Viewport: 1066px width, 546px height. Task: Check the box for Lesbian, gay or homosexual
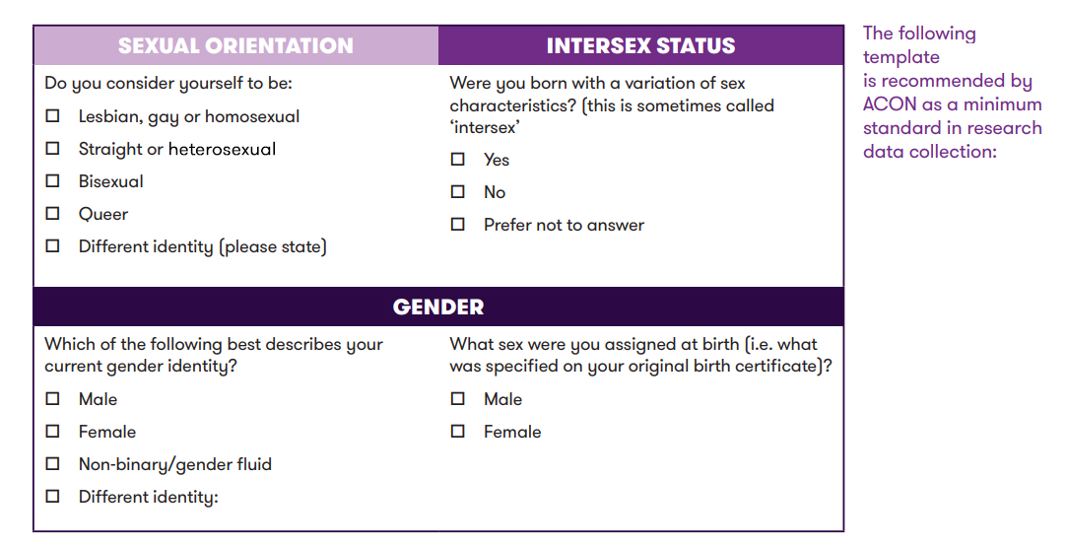pos(52,115)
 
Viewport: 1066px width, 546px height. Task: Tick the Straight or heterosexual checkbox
pos(52,148)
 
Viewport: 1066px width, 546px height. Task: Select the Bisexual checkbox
pos(52,181)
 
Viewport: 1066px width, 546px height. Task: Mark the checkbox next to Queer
pos(52,214)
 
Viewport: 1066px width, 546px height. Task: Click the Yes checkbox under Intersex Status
pos(458,159)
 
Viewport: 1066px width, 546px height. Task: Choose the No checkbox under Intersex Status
pos(458,192)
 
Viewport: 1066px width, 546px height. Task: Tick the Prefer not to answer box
pos(458,225)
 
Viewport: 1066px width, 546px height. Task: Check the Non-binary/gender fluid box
pos(52,464)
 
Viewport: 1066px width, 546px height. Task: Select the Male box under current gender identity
pos(52,398)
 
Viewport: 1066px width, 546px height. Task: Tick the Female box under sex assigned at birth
pos(458,431)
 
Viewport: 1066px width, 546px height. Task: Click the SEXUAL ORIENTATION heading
pos(235,45)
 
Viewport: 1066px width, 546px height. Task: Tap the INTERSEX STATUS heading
pos(641,45)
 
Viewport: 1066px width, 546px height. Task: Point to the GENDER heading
pos(438,307)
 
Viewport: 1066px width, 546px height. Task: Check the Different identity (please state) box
pos(52,246)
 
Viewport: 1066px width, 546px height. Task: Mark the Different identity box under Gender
pos(52,497)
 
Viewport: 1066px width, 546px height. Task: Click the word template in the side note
pos(901,58)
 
